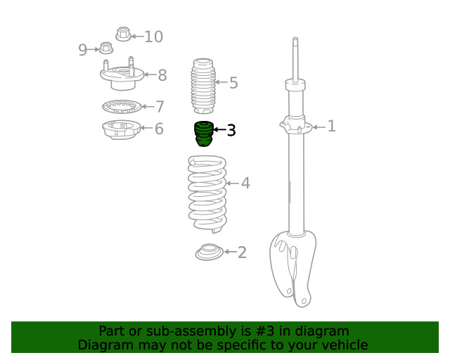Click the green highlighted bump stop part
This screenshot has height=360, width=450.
(204, 134)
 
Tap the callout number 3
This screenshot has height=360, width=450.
(231, 130)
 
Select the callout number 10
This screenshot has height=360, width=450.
(153, 37)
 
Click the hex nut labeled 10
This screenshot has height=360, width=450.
(124, 34)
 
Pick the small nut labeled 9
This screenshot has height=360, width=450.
(106, 48)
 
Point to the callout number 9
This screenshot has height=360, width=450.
(82, 50)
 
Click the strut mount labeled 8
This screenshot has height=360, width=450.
(122, 75)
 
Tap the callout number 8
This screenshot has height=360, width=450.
(162, 75)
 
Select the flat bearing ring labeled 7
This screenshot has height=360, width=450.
(122, 107)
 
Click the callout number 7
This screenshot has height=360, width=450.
(160, 106)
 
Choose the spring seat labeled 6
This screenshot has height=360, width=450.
(122, 129)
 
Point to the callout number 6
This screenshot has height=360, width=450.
(159, 129)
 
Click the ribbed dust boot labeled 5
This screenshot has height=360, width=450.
(203, 86)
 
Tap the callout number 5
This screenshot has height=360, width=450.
(233, 83)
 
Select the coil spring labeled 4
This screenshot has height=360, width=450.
(207, 194)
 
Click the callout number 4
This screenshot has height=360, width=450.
(245, 183)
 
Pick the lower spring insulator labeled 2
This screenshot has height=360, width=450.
(210, 252)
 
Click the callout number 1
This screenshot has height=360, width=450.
(331, 126)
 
